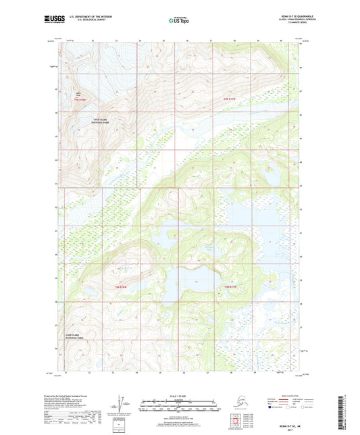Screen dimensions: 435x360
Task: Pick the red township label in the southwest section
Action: (x=121, y=287)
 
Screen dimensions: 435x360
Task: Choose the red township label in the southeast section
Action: (x=230, y=287)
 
